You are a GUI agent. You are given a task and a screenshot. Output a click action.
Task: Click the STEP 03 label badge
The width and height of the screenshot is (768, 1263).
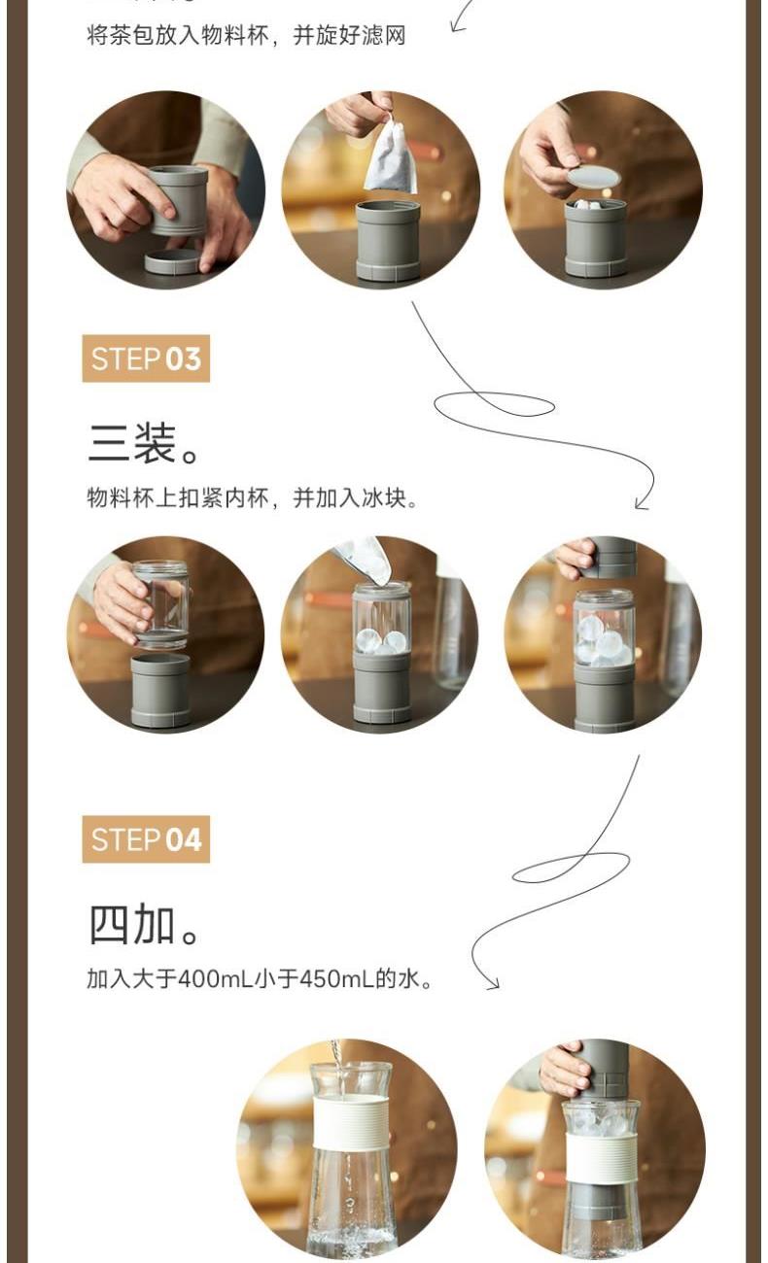point(146,358)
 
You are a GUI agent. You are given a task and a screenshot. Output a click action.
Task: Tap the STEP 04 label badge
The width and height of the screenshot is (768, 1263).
point(146,839)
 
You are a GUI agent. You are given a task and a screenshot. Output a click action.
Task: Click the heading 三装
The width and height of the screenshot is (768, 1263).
point(144,444)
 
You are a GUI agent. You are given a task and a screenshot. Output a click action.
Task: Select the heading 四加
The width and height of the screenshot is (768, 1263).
point(144,925)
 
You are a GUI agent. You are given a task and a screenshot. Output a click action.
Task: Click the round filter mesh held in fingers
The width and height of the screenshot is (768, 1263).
point(593,177)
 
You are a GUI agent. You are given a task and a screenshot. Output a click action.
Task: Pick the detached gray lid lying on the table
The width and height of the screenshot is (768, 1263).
point(171,261)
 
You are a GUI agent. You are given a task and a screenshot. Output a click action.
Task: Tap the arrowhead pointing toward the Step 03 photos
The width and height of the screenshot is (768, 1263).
point(643,504)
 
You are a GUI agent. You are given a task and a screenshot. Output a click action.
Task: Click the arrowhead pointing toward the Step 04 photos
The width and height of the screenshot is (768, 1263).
point(493,984)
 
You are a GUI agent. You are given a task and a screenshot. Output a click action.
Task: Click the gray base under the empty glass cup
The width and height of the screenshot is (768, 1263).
point(160,690)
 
